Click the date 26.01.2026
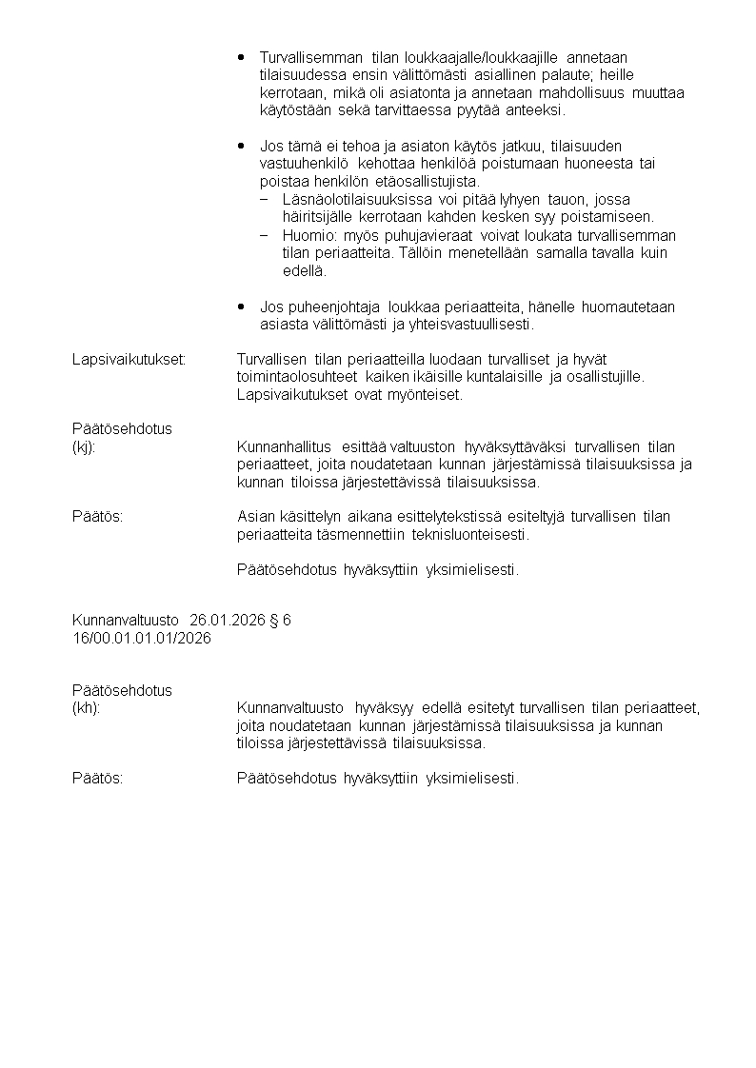227,621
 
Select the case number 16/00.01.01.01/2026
142,639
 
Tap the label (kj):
84,446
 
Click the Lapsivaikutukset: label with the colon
129,360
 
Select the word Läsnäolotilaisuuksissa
358,199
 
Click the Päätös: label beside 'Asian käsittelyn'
98,517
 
